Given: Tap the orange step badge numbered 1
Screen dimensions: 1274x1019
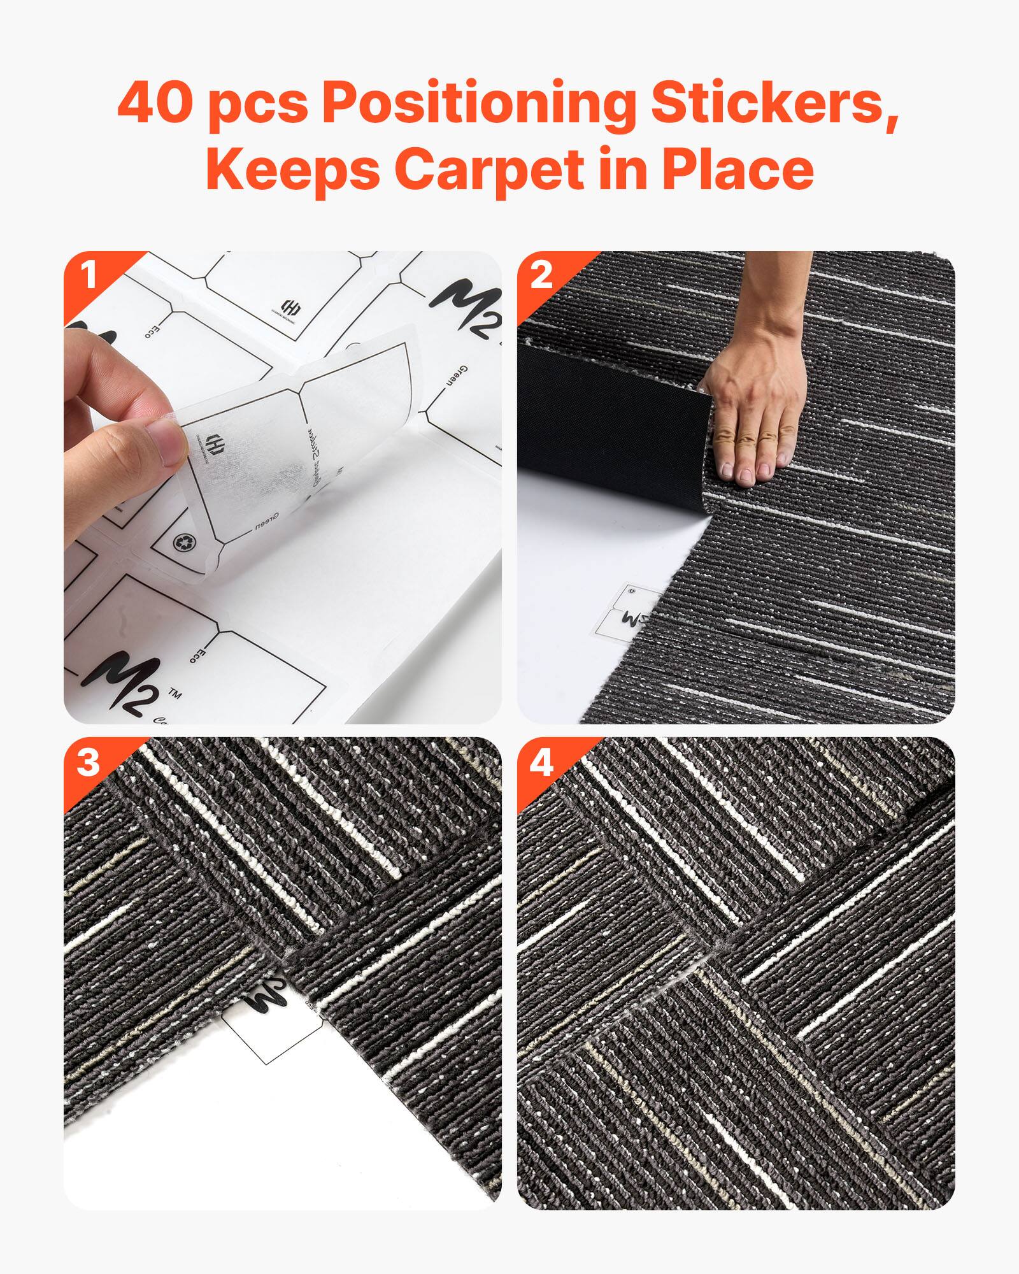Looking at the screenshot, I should point(89,276).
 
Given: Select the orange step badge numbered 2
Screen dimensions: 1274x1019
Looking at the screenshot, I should point(541,276).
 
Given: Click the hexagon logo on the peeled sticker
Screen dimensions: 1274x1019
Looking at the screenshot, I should point(214,442).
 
